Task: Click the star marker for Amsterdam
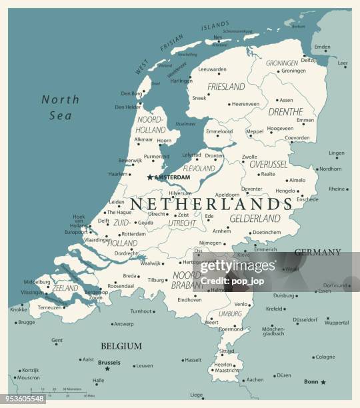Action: (x=150, y=177)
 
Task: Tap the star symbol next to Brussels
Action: (x=107, y=369)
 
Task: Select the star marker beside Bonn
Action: (x=323, y=382)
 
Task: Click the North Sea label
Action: (x=60, y=107)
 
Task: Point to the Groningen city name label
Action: (x=293, y=71)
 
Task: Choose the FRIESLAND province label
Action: (x=226, y=87)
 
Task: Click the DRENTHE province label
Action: (x=285, y=112)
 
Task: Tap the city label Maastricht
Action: (x=227, y=370)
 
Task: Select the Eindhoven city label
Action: (x=189, y=300)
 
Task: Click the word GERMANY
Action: (x=317, y=253)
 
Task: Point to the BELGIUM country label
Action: (x=121, y=346)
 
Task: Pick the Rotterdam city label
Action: (x=133, y=234)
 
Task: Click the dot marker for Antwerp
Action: (x=112, y=324)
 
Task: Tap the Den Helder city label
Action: (x=127, y=107)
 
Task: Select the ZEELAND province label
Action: (x=66, y=289)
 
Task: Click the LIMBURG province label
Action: (x=230, y=313)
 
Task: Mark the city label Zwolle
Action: (x=249, y=157)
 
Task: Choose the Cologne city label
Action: (x=325, y=357)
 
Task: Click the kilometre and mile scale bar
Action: (x=60, y=393)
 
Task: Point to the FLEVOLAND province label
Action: (x=199, y=169)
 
